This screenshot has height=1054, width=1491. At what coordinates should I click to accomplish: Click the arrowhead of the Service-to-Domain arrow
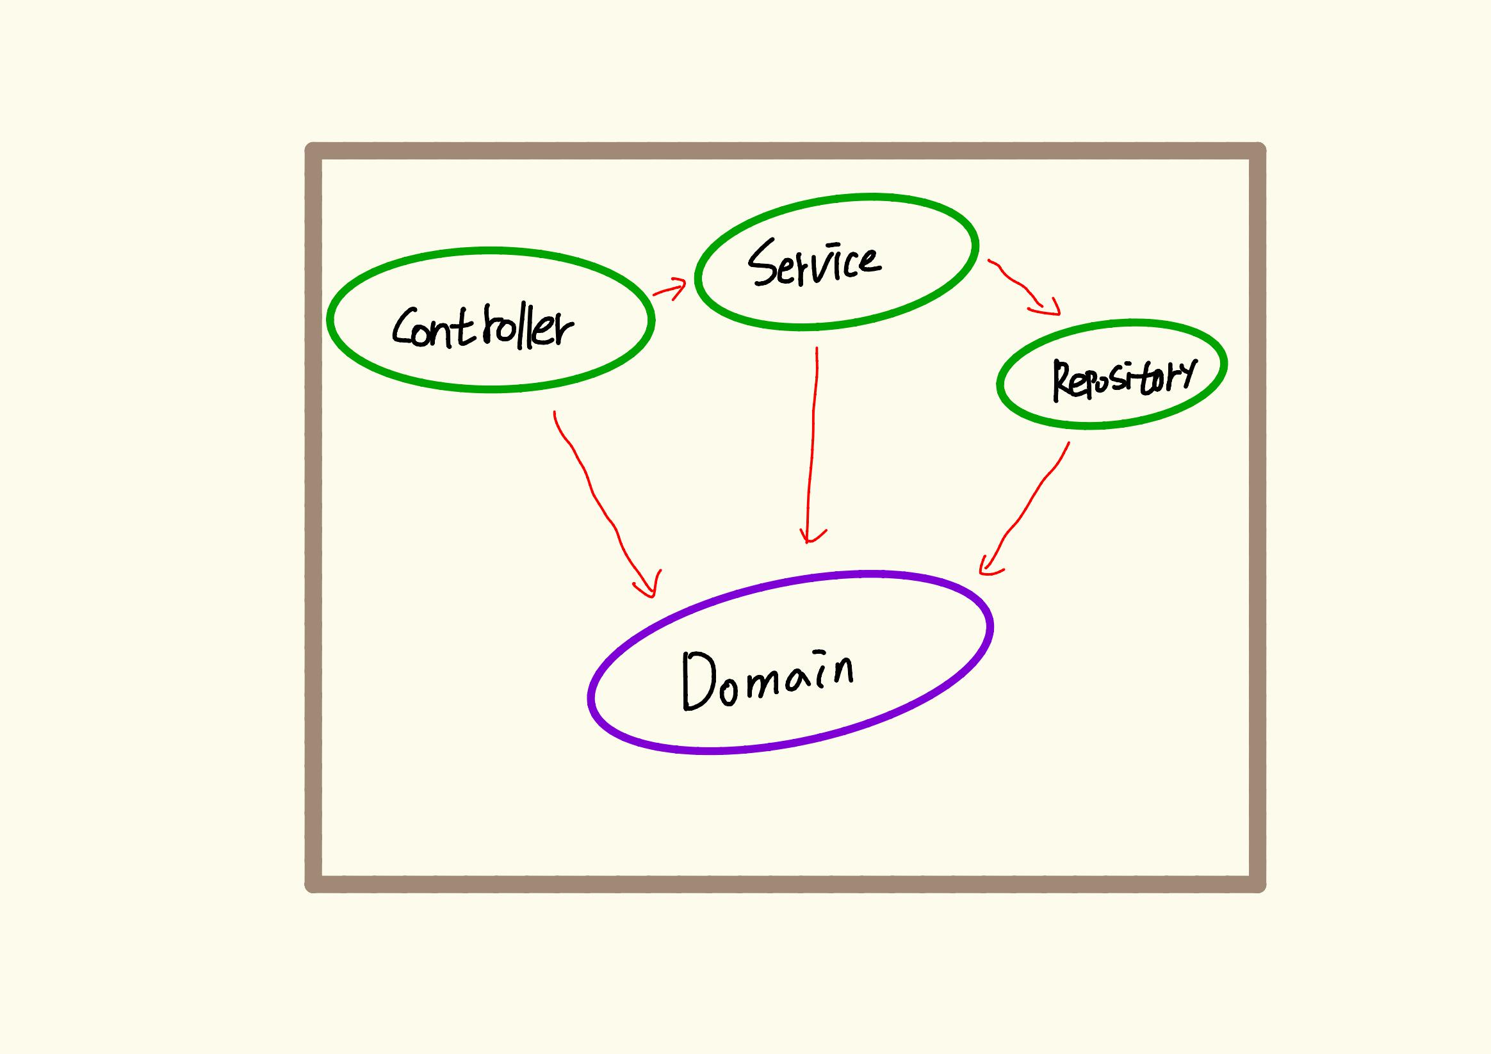[808, 537]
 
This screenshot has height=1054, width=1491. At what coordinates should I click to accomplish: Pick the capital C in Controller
[405, 326]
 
